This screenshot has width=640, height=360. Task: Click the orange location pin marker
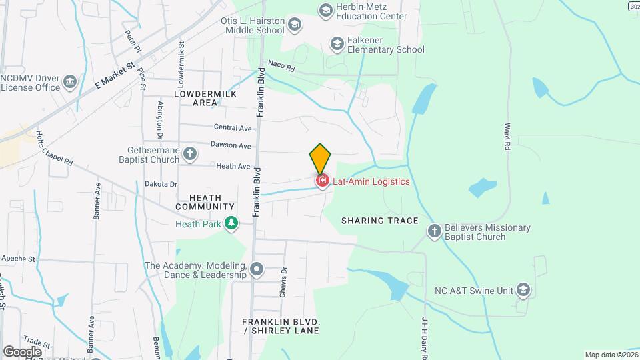(320, 159)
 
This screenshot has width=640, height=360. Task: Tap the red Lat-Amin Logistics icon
(322, 181)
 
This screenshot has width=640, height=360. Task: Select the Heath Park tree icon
(231, 223)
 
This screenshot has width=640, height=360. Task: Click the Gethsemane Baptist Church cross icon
(190, 154)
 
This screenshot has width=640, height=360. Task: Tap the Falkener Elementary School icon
(337, 44)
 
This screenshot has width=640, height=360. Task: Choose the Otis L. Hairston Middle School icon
(294, 25)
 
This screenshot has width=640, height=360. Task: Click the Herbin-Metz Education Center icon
(325, 10)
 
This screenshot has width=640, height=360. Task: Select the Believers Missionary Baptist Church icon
(434, 231)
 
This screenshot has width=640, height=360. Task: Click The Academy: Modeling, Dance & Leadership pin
(257, 270)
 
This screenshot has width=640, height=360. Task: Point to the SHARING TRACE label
(379, 221)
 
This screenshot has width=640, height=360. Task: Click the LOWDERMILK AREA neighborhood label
(196, 98)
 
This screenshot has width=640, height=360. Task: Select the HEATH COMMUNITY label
(205, 202)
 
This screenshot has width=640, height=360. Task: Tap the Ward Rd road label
(507, 135)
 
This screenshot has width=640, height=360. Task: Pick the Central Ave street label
(233, 127)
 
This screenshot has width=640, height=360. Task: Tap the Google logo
(22, 351)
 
